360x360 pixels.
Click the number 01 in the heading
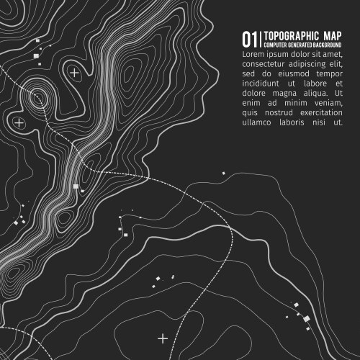point(249,39)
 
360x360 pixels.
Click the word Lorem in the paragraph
point(253,54)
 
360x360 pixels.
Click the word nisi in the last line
point(330,123)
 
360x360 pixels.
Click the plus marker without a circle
point(163,337)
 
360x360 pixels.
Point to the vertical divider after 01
point(260,39)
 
